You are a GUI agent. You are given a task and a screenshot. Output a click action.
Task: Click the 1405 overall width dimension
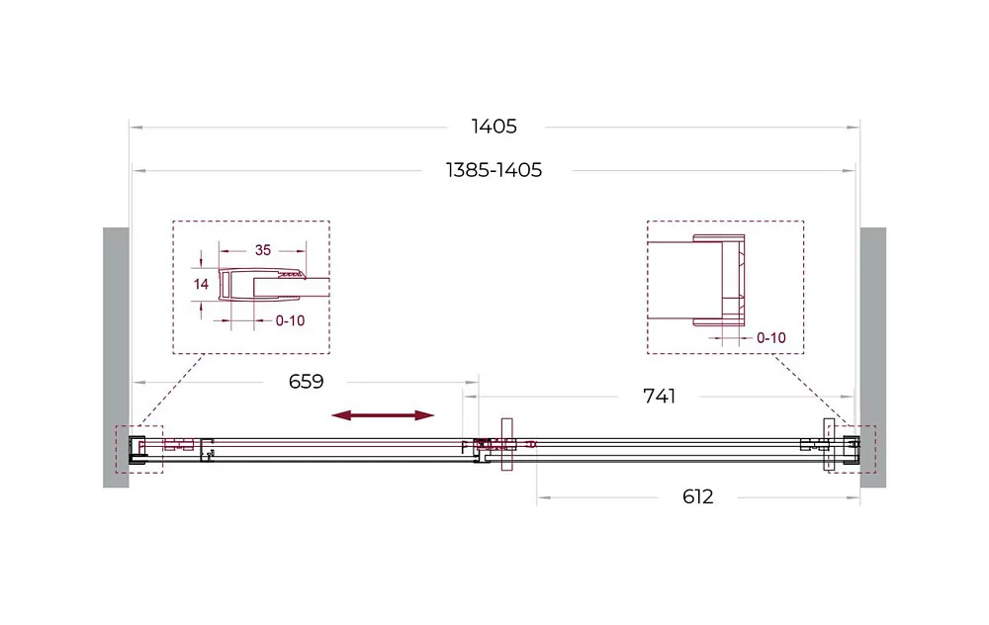[x=494, y=127]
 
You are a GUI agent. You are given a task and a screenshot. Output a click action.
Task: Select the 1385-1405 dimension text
[x=494, y=170]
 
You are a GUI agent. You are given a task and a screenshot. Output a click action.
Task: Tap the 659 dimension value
[x=306, y=382]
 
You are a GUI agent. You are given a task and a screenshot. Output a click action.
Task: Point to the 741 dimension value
[x=659, y=397]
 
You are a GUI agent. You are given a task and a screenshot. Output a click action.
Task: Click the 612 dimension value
[x=697, y=497]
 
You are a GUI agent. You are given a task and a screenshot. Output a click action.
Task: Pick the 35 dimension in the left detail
[x=263, y=250]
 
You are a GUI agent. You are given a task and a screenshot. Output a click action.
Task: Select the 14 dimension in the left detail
[x=201, y=285]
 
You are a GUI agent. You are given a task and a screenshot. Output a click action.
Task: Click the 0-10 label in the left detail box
[x=290, y=321]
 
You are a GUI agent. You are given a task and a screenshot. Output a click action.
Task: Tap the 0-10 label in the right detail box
[x=771, y=338]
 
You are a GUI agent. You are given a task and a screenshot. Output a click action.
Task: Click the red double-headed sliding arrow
[x=383, y=415]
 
